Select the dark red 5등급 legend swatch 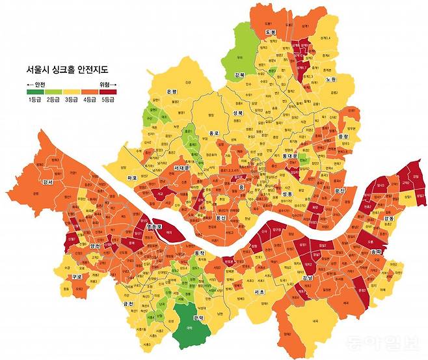click(x=107, y=92)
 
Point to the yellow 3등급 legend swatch click(x=70, y=92)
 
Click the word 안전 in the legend click(x=38, y=84)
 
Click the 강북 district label click(x=239, y=75)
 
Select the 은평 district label click(x=172, y=92)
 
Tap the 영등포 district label click(x=154, y=226)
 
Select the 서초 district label click(x=258, y=292)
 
